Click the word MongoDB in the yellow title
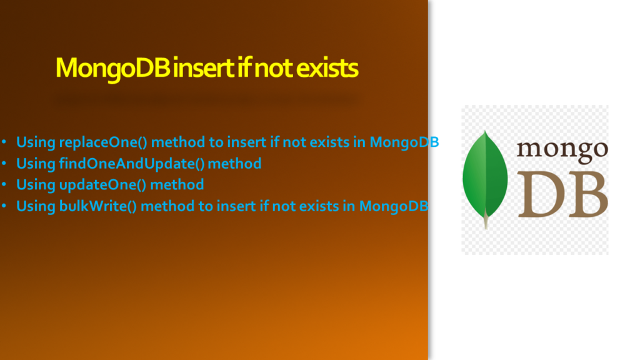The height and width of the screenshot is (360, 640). click(112, 68)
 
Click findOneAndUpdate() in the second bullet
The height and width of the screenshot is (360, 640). click(132, 164)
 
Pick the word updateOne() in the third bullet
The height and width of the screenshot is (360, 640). click(103, 185)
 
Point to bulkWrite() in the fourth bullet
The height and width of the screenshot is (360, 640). click(98, 206)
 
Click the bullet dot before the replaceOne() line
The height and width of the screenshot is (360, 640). click(4, 142)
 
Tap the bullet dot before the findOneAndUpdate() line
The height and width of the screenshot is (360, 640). click(4, 163)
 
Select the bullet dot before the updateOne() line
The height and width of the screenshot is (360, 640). click(4, 184)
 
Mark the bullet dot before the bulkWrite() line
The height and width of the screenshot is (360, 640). click(4, 206)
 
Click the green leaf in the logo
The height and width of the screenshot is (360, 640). click(485, 176)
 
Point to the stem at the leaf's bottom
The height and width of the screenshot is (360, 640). click(486, 222)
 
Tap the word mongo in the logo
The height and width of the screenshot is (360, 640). click(562, 150)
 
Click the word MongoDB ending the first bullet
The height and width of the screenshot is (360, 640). click(404, 142)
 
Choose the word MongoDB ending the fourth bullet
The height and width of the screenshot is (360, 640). click(394, 206)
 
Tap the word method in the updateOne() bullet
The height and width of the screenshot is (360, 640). click(177, 184)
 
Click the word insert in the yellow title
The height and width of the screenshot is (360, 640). click(203, 68)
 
